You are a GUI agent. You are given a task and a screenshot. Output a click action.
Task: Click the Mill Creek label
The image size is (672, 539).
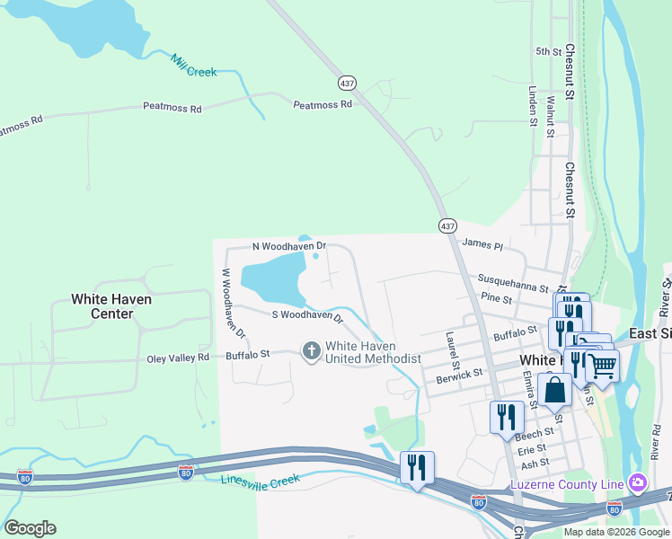tap(193, 66)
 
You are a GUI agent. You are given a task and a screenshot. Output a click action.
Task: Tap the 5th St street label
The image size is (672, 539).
tap(548, 52)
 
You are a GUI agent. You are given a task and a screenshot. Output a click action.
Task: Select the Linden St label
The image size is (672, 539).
tap(533, 106)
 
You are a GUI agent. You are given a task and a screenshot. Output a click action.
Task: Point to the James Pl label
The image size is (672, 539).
tap(482, 243)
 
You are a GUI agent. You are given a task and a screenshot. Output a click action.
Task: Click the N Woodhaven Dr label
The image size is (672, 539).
tap(288, 245)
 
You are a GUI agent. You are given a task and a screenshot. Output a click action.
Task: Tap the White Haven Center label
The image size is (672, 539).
tap(112, 306)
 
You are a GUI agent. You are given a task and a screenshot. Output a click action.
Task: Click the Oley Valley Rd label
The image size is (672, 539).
tap(178, 358)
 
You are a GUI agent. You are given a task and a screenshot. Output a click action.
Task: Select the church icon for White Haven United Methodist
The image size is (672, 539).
tap(311, 350)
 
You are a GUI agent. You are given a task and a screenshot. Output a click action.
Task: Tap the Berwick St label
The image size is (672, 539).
tap(460, 373)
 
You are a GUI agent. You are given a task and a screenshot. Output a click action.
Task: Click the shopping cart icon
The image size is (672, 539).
tap(602, 365)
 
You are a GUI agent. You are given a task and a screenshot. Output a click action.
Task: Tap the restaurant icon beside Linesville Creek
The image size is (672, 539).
tap(417, 467)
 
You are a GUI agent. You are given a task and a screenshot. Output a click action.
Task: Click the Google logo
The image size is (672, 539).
tap(30, 528)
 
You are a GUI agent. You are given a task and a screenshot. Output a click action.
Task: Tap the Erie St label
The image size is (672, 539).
tap(532, 448)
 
